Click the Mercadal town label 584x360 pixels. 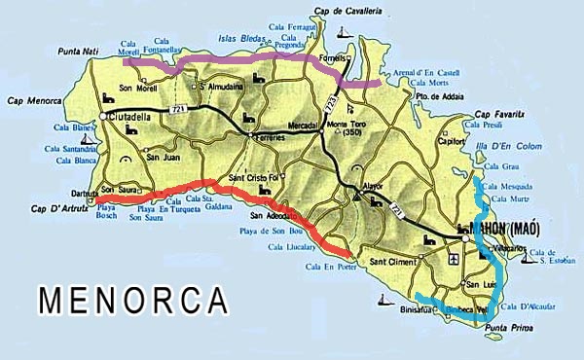tap(310, 126)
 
